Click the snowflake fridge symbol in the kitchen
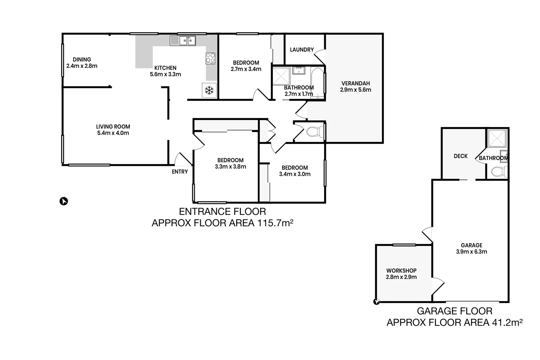click(209, 90)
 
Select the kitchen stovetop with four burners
click(210, 58)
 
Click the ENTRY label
click(180, 172)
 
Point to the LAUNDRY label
click(302, 50)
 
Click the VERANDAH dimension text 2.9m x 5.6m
click(356, 90)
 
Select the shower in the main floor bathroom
click(281, 76)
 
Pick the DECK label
click(461, 156)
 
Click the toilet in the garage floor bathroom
click(498, 172)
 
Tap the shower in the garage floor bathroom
click(497, 138)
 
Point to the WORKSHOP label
click(401, 271)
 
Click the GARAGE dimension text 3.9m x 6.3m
click(471, 252)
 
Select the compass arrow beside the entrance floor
click(63, 201)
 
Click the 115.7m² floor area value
click(275, 223)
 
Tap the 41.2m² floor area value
click(507, 322)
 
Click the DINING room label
click(82, 60)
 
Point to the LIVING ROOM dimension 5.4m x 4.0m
click(113, 133)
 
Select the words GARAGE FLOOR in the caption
click(454, 311)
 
